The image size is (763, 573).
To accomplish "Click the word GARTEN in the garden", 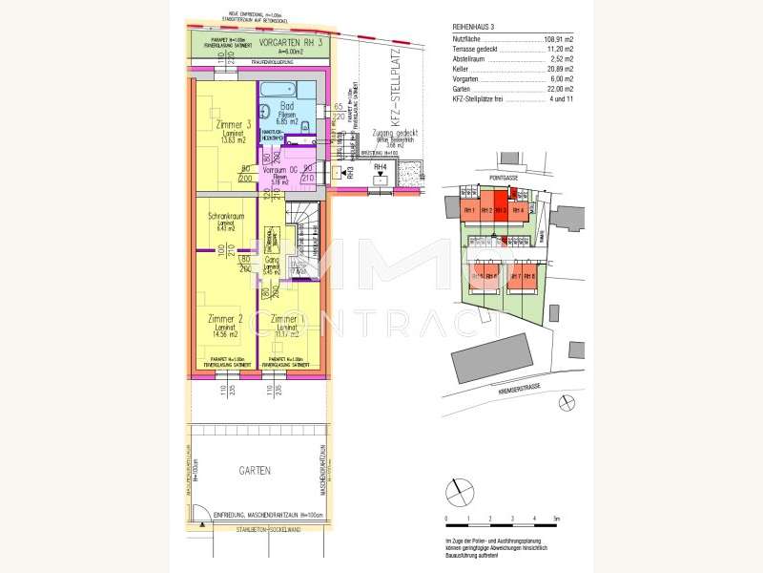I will click(255, 471).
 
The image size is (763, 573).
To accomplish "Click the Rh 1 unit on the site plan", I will click(468, 210).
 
